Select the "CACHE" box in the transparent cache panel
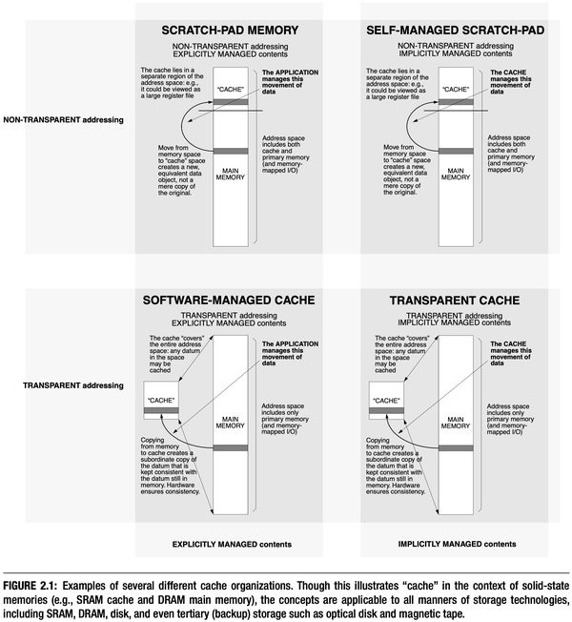[x=387, y=401]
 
